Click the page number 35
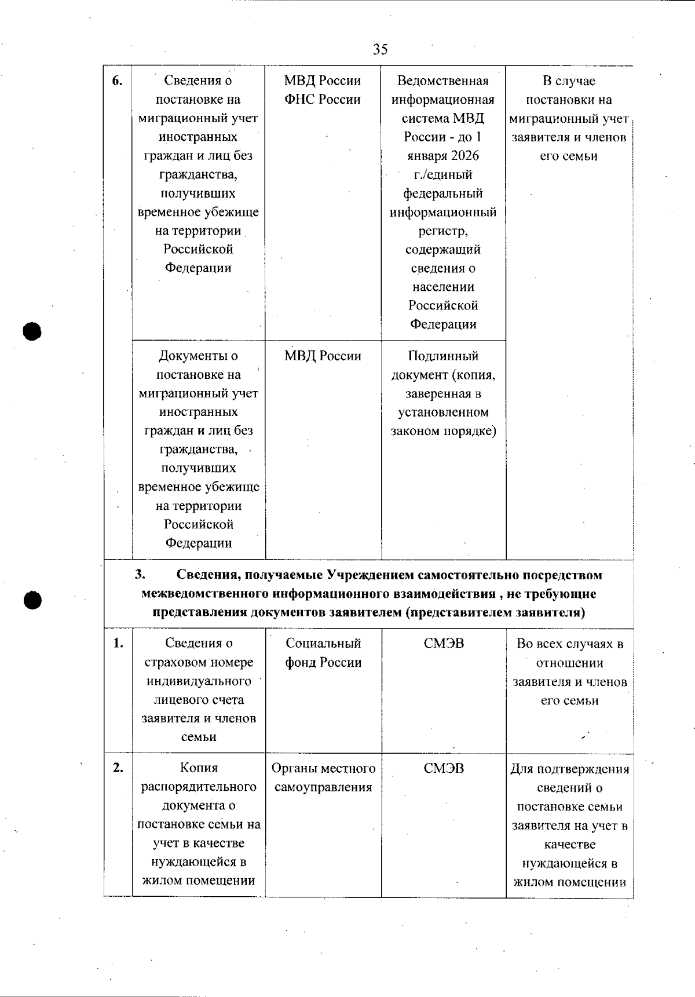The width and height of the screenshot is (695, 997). pyautogui.click(x=380, y=49)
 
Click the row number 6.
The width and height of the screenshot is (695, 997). pyautogui.click(x=118, y=81)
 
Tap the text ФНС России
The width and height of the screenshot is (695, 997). pyautogui.click(x=322, y=100)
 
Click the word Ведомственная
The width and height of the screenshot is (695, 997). pyautogui.click(x=443, y=81)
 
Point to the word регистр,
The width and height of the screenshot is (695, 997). pyautogui.click(x=443, y=231)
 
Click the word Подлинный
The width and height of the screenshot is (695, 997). pyautogui.click(x=443, y=356)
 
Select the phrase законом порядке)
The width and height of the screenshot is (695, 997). pyautogui.click(x=443, y=431)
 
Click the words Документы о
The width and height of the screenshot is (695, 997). pyautogui.click(x=198, y=356)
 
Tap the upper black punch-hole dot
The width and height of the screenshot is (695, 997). pyautogui.click(x=33, y=331)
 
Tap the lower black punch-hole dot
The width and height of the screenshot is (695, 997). pyautogui.click(x=33, y=600)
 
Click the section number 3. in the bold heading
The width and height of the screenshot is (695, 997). pyautogui.click(x=140, y=575)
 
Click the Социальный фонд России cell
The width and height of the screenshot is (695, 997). pyautogui.click(x=323, y=653)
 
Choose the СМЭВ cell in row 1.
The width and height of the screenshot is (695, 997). pyautogui.click(x=444, y=644)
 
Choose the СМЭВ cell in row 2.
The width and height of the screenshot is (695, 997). pyautogui.click(x=444, y=769)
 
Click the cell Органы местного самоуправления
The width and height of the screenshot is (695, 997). pyautogui.click(x=323, y=777)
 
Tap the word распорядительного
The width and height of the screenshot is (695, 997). pyautogui.click(x=199, y=787)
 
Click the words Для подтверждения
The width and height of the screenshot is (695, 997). pyautogui.click(x=569, y=769)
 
